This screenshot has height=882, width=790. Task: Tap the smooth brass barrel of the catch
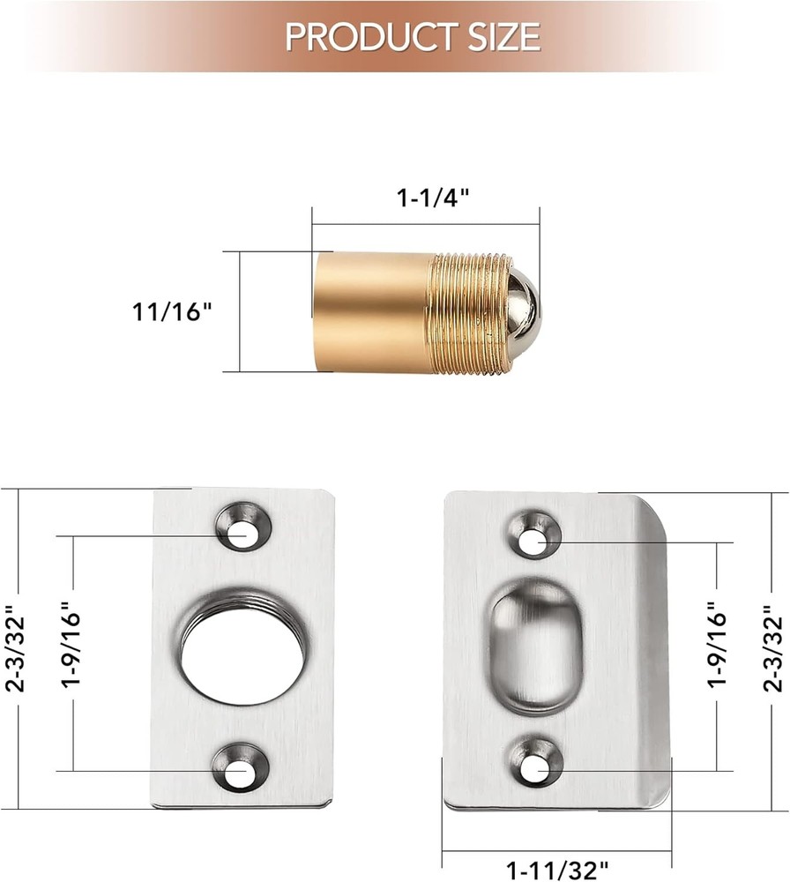tap(371, 310)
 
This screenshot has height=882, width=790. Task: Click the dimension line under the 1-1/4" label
tap(424, 224)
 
